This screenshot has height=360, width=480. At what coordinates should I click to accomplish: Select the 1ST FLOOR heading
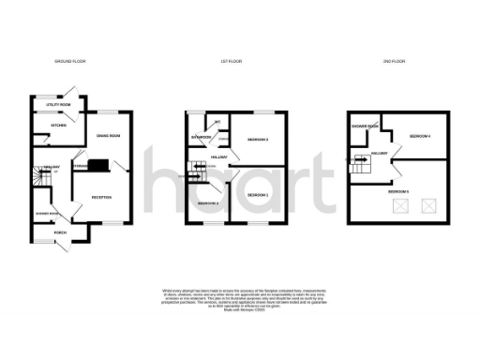[232, 61]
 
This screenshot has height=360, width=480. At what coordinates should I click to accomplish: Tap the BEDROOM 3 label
[208, 203]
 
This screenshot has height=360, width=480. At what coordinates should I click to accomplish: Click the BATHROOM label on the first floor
[201, 138]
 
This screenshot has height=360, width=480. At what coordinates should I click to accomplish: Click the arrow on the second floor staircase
[361, 158]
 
